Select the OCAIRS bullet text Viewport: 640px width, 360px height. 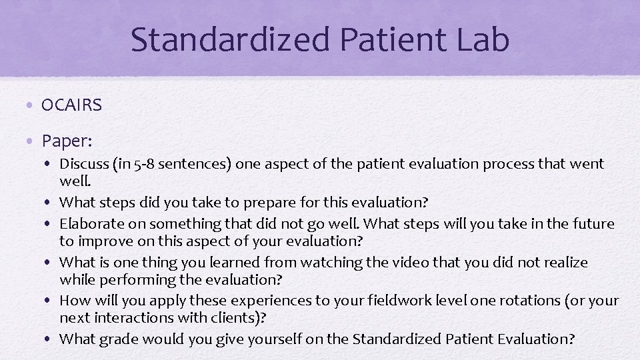[71, 105]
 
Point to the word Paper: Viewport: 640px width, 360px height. [67, 141]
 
